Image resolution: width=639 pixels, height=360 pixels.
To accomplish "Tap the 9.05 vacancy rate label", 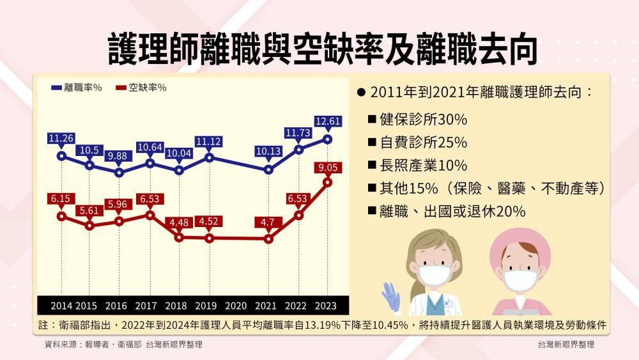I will [328, 168].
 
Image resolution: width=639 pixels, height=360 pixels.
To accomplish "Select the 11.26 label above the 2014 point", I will [61, 138].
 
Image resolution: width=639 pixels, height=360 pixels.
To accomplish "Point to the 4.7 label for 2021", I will [268, 223].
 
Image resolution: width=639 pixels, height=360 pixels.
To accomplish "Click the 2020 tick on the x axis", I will [236, 305].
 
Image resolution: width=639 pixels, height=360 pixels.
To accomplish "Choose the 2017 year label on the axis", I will [147, 305].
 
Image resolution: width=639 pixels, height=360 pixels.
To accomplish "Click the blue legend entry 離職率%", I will [77, 88].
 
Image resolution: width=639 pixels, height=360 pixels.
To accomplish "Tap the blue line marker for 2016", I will [119, 172].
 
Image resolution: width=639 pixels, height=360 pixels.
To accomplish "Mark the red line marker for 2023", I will [328, 182].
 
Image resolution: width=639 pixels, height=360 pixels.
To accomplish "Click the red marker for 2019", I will [209, 239].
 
